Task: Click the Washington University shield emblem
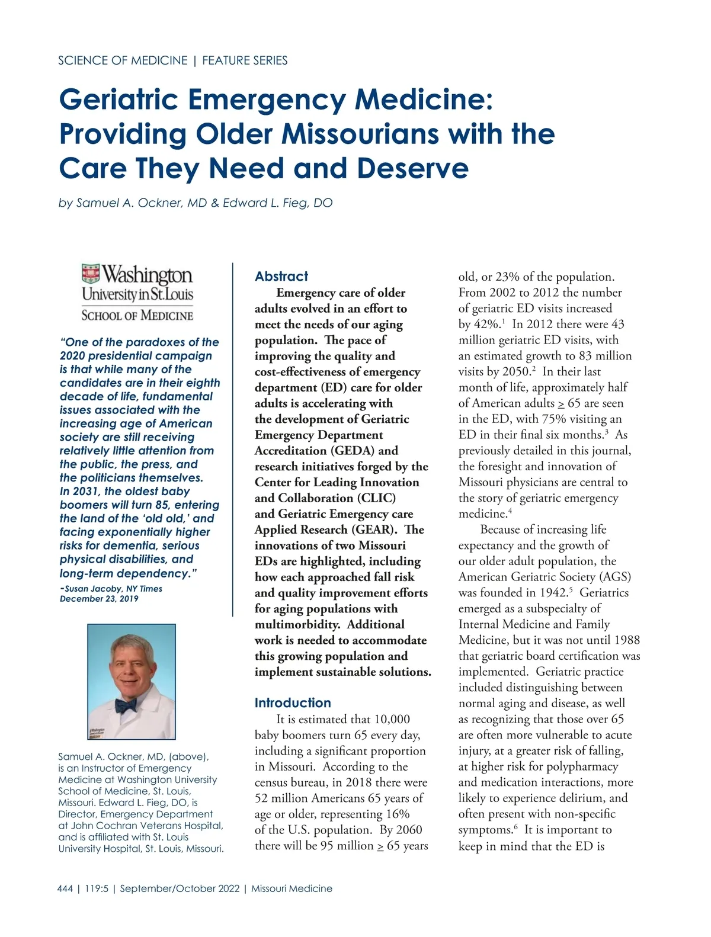coord(91,274)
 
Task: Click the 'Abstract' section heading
coord(281,277)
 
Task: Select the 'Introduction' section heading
coord(293,703)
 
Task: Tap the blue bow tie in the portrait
coord(126,705)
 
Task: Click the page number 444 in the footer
coord(65,888)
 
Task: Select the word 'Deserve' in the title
coord(412,169)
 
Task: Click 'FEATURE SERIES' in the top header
coord(245,60)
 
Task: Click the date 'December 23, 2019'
coord(99,599)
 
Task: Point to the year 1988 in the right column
coord(626,640)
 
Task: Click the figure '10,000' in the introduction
coord(392,719)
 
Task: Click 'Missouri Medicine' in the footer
coord(292,888)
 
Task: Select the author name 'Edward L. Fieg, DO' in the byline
coord(277,203)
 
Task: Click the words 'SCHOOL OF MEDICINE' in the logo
coord(137,315)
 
